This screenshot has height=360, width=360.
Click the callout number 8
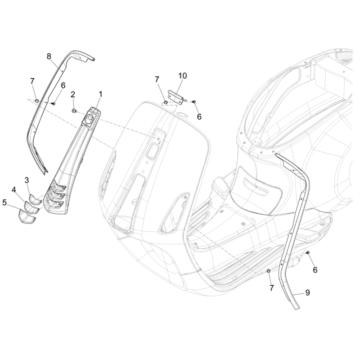(x=49, y=56)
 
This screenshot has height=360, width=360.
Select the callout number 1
(x=100, y=94)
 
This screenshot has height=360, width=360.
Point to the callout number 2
(x=72, y=94)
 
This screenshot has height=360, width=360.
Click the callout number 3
(x=27, y=180)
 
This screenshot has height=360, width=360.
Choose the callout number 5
(x=5, y=202)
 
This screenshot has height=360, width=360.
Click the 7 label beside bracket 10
(x=157, y=80)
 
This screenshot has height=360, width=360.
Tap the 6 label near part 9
(x=315, y=270)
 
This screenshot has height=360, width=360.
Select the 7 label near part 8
(x=32, y=81)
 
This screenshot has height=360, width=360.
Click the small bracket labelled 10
(x=176, y=96)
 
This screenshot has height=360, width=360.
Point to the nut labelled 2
(x=74, y=110)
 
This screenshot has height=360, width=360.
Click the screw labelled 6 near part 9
(x=307, y=253)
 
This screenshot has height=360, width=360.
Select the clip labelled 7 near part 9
(x=268, y=271)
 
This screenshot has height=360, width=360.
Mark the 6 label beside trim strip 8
(x=63, y=85)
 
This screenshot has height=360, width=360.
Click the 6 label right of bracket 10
(x=199, y=117)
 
